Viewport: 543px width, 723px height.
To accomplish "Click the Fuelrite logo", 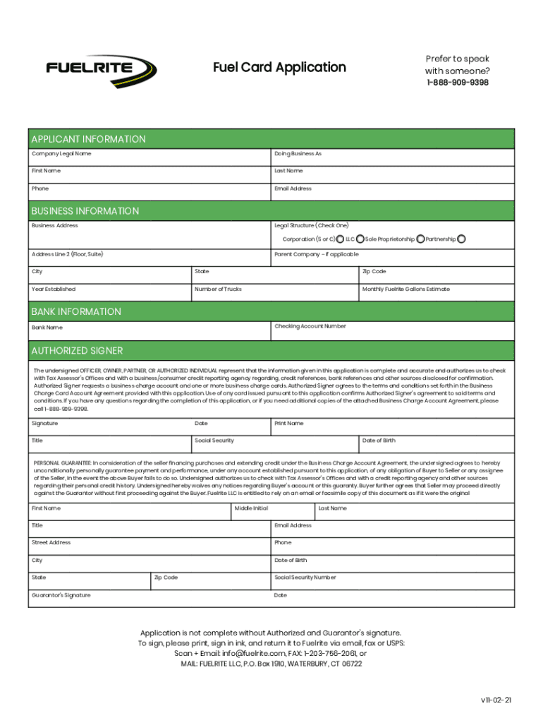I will coord(102,70).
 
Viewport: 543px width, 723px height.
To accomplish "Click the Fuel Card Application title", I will coord(279,68).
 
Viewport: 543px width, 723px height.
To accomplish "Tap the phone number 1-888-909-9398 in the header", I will coord(456,83).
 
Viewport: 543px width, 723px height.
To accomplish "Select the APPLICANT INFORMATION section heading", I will coord(88,139).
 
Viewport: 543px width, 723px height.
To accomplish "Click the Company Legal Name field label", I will coord(61,154).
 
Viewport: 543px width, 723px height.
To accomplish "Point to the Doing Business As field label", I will coord(298,154).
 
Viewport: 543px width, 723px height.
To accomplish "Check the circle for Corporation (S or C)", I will coord(341,239).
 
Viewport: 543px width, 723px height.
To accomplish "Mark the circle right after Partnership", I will coord(462,239).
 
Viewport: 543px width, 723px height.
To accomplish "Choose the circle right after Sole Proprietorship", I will coord(420,239).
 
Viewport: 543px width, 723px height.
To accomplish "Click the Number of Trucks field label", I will coord(218,289).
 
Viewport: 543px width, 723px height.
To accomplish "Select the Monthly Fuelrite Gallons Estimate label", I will coord(405,289).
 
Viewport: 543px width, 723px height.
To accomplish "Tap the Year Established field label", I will coord(53,289).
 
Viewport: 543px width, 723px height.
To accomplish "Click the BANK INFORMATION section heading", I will coord(75,311).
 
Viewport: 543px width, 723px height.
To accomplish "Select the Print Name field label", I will coord(288,424).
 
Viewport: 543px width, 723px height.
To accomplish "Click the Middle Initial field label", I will coord(251,508).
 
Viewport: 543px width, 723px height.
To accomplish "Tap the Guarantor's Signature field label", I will coord(61,595).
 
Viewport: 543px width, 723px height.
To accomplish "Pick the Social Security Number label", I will coord(305,578).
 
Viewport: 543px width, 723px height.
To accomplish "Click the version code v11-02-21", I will coord(496,700).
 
